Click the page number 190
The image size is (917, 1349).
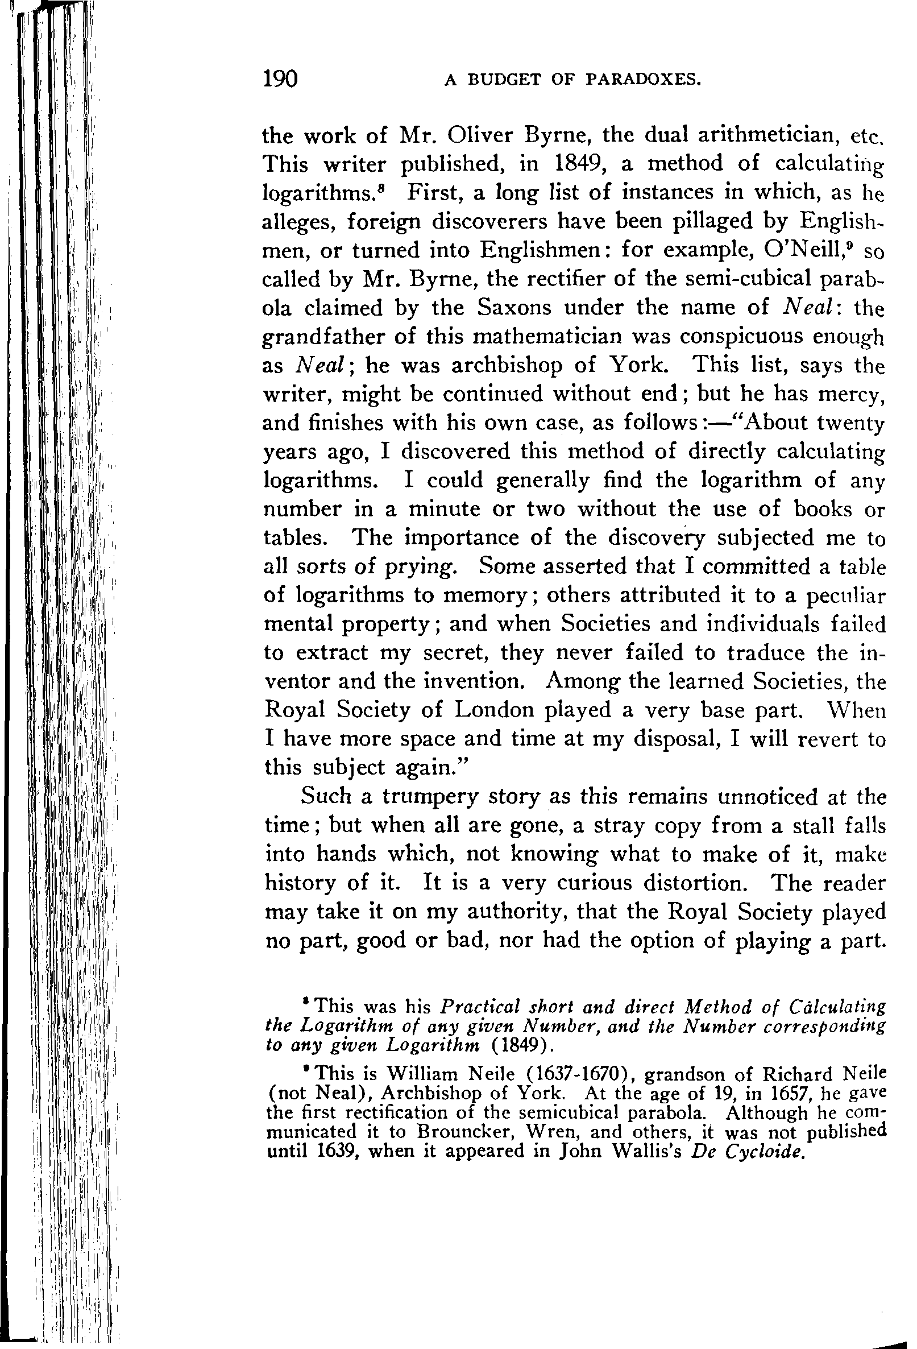pos(280,79)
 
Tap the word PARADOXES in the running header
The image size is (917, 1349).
pos(644,80)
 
